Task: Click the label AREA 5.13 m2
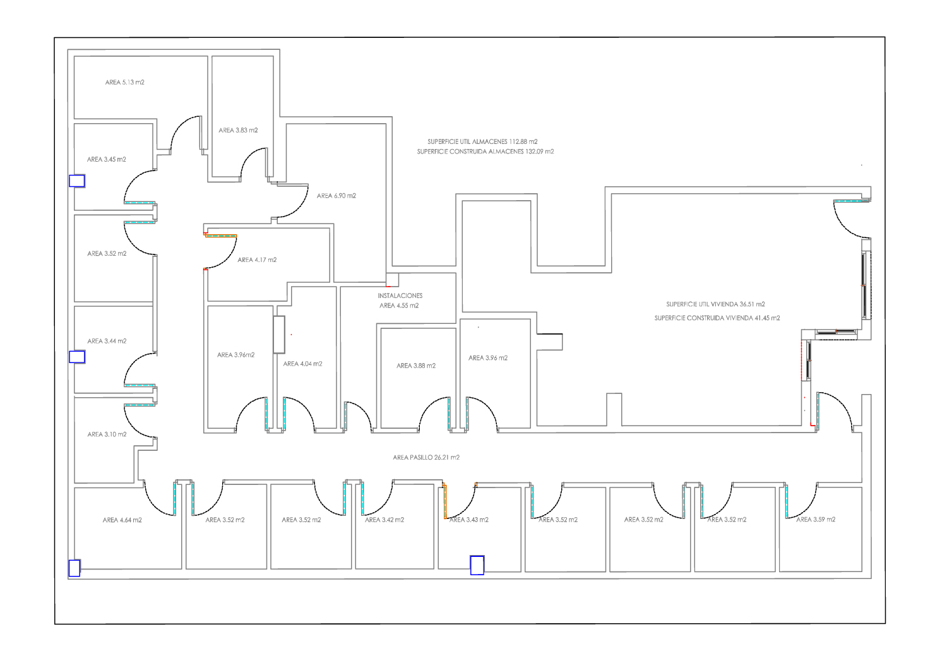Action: click(125, 83)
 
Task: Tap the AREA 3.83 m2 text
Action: click(238, 130)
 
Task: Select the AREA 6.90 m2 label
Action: click(337, 196)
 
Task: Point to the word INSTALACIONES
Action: click(400, 296)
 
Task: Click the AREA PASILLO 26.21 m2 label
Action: click(426, 457)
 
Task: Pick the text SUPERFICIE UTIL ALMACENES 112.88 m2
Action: click(482, 141)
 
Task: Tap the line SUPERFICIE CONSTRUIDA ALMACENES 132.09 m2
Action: click(485, 152)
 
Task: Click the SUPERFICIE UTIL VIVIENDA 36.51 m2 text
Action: click(716, 304)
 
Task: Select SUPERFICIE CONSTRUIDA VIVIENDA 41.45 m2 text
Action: click(717, 318)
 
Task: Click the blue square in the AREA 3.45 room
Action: click(77, 181)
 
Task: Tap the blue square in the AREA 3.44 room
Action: click(77, 357)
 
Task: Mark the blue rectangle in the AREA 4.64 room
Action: click(74, 568)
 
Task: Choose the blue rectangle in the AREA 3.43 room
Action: click(477, 565)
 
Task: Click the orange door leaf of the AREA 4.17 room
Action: click(221, 236)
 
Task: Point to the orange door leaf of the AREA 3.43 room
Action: click(445, 501)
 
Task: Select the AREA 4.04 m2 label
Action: click(302, 364)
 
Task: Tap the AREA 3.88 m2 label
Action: click(416, 366)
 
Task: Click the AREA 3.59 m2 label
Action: click(816, 519)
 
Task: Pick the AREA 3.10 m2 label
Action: click(107, 434)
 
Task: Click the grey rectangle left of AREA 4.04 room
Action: click(279, 335)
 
